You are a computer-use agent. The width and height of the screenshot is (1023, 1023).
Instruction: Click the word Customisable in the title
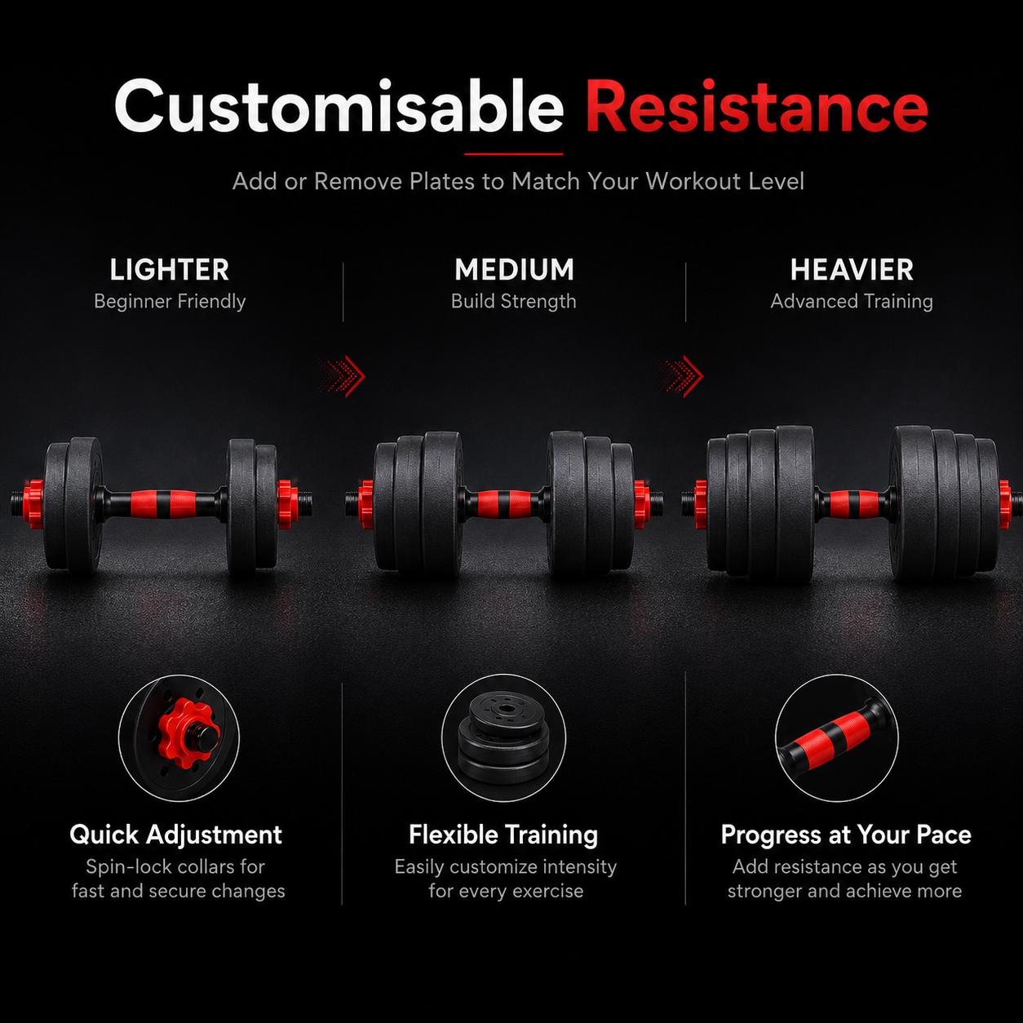pos(339,106)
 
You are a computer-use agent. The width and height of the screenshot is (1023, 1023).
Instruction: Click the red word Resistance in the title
pos(757,106)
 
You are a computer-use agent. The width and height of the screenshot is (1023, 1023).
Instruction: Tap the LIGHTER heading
pos(170,270)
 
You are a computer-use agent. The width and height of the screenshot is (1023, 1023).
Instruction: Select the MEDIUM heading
pos(515,270)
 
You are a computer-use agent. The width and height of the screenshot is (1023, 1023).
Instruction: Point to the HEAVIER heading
pos(852,270)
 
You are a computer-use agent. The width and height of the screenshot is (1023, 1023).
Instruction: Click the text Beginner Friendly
pos(170,302)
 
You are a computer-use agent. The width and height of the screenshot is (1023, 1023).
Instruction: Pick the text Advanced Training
pos(852,302)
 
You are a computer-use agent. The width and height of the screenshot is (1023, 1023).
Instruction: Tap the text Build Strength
pos(513,302)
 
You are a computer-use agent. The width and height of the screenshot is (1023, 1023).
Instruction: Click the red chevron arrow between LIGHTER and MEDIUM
pos(344,376)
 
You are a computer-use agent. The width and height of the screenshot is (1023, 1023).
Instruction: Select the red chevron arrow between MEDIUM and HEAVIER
pos(682,376)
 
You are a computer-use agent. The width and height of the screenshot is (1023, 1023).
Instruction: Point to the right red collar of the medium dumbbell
pos(640,504)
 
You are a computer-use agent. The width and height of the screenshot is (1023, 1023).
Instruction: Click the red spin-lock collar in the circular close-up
pos(187,733)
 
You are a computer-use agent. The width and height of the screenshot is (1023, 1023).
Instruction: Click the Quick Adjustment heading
pos(175,835)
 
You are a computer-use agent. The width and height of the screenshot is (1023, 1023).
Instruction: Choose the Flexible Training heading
pos(503,835)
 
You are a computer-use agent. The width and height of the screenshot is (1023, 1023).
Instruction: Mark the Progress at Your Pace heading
pos(846,835)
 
